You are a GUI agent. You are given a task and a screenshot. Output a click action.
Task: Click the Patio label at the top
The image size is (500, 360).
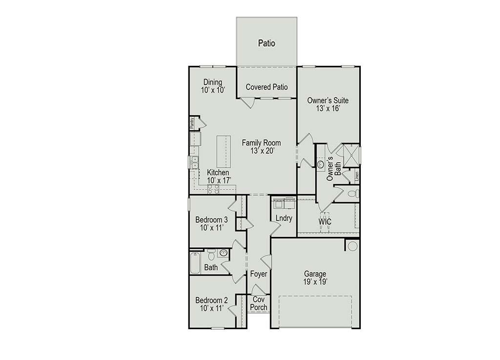point(267,43)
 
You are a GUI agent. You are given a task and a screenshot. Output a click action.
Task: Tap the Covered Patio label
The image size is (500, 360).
point(267,87)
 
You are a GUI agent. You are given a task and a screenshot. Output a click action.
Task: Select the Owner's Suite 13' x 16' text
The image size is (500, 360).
point(328,104)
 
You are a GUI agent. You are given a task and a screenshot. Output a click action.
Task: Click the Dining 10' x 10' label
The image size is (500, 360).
point(213,86)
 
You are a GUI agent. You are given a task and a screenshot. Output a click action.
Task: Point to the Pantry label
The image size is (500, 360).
point(192,123)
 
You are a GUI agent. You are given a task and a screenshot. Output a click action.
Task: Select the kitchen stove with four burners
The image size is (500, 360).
point(213,189)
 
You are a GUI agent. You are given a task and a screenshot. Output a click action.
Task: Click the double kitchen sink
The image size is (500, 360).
point(194,162)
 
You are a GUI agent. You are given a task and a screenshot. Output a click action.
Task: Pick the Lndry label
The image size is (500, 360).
point(284,218)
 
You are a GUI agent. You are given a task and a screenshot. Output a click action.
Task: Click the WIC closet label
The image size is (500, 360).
point(325,221)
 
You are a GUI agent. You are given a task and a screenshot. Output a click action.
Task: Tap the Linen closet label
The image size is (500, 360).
point(357,176)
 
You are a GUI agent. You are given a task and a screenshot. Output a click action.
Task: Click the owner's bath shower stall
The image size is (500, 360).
point(351,155)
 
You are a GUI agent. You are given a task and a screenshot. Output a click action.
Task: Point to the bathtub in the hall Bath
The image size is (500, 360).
point(195,263)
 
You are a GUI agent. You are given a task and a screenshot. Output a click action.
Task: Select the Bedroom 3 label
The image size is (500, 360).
point(211,224)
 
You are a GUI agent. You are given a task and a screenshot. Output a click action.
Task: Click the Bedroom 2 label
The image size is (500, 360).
point(211,304)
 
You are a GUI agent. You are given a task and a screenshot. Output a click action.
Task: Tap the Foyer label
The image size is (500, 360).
point(259,274)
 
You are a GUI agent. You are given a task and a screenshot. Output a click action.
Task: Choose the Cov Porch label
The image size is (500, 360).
point(259,303)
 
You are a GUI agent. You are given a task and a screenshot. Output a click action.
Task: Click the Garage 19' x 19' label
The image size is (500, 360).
point(315,278)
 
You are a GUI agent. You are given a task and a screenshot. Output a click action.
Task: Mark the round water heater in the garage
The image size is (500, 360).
point(353,246)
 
